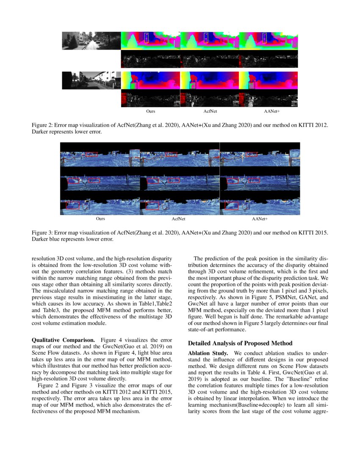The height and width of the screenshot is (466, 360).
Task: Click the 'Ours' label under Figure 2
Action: [x=150, y=111]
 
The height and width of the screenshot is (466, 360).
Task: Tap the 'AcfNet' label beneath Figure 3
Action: [x=178, y=219]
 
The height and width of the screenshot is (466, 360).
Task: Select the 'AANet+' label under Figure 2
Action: [x=269, y=111]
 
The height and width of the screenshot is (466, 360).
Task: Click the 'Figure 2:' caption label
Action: [x=43, y=126]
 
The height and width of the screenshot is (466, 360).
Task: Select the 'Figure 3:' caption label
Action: [x=43, y=233]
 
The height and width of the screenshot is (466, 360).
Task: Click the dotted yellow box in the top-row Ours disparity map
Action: [x=147, y=38]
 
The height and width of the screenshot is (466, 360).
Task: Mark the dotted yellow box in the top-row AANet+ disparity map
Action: [x=265, y=38]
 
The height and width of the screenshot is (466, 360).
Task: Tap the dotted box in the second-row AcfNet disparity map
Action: [x=193, y=85]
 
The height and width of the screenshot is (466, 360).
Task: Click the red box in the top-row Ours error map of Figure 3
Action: [x=91, y=154]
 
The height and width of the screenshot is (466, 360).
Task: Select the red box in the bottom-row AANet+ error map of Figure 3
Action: [x=231, y=205]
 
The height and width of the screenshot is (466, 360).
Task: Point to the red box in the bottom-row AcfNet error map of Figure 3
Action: [x=152, y=205]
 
